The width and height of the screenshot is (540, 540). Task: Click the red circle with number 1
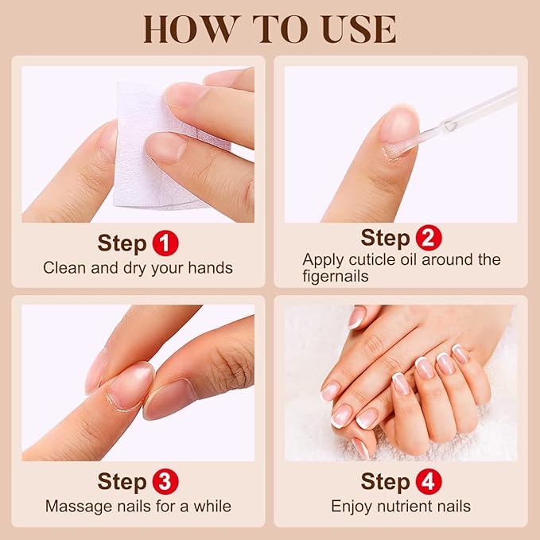[165, 243]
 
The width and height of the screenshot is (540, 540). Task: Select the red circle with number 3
[165, 481]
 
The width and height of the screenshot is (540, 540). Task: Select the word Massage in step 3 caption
[74, 506]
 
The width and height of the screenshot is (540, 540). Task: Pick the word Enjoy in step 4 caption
[351, 506]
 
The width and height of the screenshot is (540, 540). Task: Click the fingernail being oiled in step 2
[398, 127]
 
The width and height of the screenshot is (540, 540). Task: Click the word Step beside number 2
[385, 238]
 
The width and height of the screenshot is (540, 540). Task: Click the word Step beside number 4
[385, 481]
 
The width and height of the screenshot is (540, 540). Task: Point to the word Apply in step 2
[321, 259]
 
